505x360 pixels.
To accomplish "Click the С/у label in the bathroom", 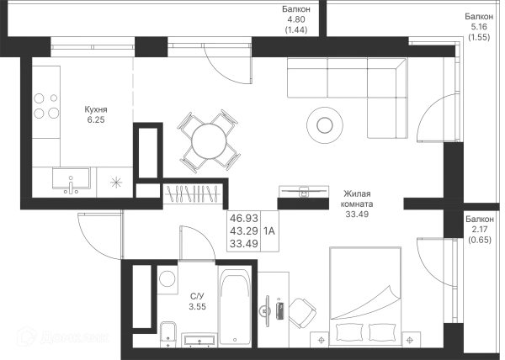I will (x=196, y=300).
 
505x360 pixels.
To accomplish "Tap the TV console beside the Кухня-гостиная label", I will (x=303, y=194).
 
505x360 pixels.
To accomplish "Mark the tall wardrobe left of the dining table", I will (x=151, y=159).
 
